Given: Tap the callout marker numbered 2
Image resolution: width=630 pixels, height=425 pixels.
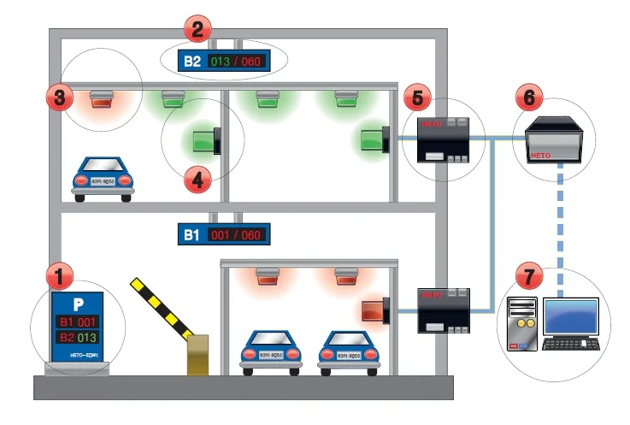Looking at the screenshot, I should [197, 32].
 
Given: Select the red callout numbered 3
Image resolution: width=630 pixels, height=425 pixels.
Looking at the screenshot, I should [57, 97].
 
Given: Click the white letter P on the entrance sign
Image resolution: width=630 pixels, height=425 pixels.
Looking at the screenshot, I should [78, 304].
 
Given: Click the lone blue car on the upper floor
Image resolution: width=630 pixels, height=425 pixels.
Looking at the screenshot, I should [103, 176].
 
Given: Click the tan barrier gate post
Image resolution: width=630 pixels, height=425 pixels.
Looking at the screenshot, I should [199, 354].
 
